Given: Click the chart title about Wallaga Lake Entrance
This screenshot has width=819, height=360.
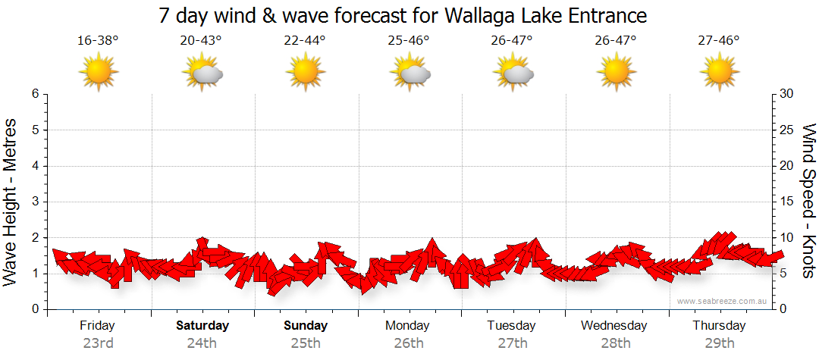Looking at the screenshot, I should [403, 15].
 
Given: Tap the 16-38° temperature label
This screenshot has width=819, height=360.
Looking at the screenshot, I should [98, 41].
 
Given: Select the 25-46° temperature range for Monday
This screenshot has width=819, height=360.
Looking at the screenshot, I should [409, 41].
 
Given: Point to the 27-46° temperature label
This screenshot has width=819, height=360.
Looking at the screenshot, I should [719, 41].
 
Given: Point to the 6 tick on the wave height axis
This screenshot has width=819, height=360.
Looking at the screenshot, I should [35, 94].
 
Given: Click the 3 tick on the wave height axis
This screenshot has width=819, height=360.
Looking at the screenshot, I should [35, 202].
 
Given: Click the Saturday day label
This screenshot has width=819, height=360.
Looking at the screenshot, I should [202, 326].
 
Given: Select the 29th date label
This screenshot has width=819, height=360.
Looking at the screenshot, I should [720, 343].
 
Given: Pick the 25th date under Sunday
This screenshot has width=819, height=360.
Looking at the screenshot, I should [306, 343].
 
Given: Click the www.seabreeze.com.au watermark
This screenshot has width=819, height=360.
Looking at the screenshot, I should [723, 301].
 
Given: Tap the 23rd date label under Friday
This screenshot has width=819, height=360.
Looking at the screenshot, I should [99, 343].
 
